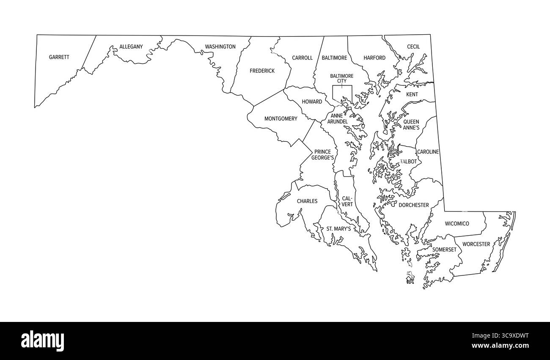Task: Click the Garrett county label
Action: click(59, 57)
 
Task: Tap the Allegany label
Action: click(131, 47)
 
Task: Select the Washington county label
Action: click(220, 47)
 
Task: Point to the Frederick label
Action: click(262, 71)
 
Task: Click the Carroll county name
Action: click(302, 58)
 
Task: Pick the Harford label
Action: click(374, 58)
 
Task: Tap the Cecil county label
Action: click(413, 47)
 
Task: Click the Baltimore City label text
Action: click(341, 78)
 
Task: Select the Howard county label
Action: click(312, 102)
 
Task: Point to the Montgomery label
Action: click(280, 119)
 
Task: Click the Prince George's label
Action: click(322, 155)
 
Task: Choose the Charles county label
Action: click(307, 201)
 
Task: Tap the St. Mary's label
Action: click(338, 229)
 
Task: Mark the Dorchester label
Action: click(413, 205)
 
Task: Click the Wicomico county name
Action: click(456, 223)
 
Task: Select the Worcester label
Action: click(476, 244)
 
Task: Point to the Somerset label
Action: click(444, 250)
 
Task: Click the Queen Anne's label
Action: click(411, 124)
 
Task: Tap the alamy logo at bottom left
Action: click(42, 340)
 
